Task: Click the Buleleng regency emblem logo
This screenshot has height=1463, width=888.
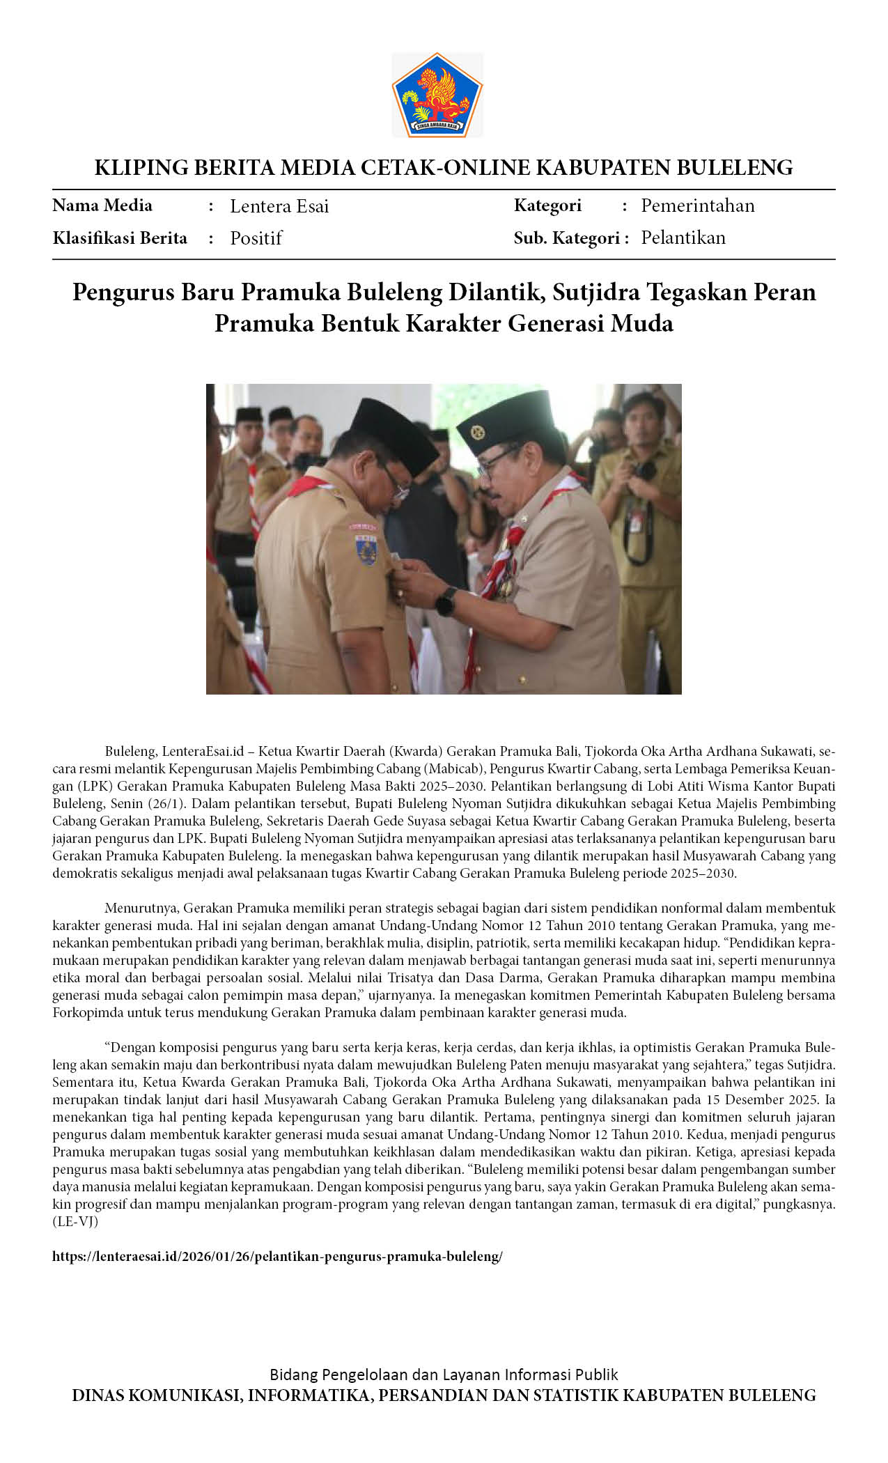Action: click(437, 95)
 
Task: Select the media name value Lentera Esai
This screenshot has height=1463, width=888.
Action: click(279, 206)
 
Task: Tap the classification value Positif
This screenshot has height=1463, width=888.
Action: click(256, 238)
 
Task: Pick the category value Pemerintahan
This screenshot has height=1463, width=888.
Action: click(697, 206)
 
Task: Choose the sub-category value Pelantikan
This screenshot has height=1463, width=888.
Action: click(683, 238)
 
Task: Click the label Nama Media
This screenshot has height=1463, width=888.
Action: click(102, 206)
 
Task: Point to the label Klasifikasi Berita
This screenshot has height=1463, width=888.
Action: click(120, 238)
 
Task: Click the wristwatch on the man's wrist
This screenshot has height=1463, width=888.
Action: click(446, 601)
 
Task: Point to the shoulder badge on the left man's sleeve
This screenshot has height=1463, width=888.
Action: click(366, 543)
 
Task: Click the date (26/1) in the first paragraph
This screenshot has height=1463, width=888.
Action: click(164, 803)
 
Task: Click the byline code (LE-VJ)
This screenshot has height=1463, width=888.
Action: click(75, 1221)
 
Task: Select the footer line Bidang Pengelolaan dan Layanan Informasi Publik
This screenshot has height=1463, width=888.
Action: click(444, 1375)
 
